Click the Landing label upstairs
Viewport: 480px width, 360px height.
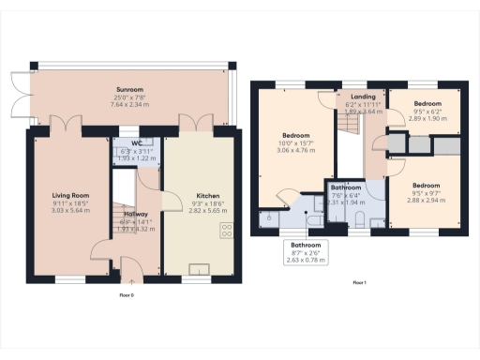pyautogui.click(x=363, y=97)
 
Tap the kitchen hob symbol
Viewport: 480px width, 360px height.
pyautogui.click(x=227, y=231)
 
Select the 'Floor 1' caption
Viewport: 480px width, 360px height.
pyautogui.click(x=359, y=281)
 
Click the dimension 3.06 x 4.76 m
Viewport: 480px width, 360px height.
pyautogui.click(x=294, y=150)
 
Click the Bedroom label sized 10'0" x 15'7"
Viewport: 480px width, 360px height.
pyautogui.click(x=294, y=135)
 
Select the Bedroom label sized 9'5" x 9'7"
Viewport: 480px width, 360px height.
pyautogui.click(x=427, y=185)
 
